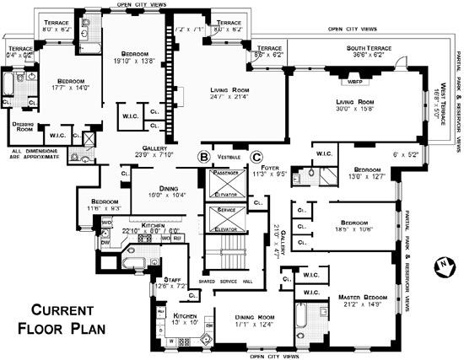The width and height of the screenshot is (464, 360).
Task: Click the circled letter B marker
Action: [x=202, y=157]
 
